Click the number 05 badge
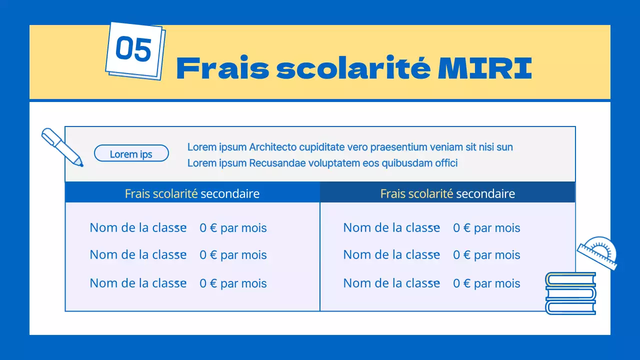pyautogui.click(x=133, y=49)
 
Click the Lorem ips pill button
pyautogui.click(x=131, y=154)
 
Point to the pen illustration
pyautogui.click(x=62, y=146)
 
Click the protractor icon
pyautogui.click(x=598, y=252)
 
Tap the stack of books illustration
pyautogui.click(x=570, y=293)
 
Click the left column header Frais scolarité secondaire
pyautogui.click(x=192, y=193)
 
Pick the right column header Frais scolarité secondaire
pyautogui.click(x=447, y=193)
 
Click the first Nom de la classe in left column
pyautogui.click(x=138, y=227)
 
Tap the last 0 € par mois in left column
pyautogui.click(x=233, y=283)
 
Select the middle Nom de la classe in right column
pyautogui.click(x=391, y=254)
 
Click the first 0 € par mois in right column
pyautogui.click(x=486, y=228)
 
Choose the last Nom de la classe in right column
pyautogui.click(x=391, y=283)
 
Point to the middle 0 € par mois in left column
pyautogui.click(x=233, y=255)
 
